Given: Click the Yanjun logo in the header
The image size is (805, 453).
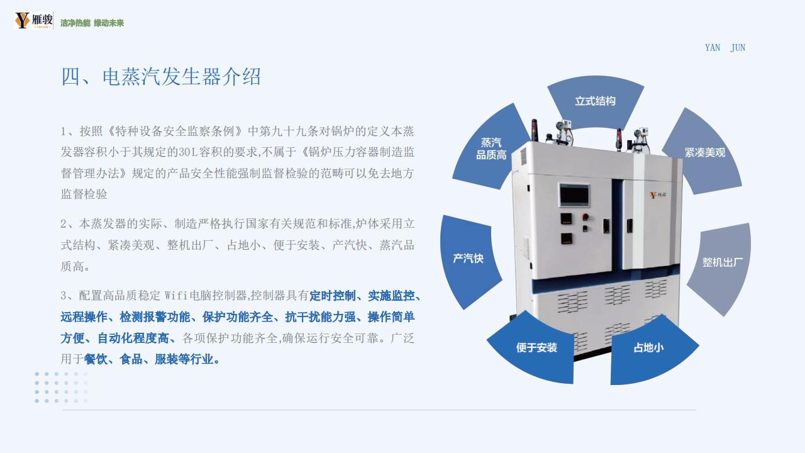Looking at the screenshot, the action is (34, 20).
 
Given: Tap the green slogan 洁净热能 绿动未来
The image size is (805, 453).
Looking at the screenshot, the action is (92, 23).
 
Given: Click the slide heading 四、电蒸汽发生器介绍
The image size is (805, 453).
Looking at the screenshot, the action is (161, 76).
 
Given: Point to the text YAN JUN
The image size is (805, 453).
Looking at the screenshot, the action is (725, 48).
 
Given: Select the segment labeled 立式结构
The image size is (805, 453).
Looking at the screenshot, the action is (596, 101).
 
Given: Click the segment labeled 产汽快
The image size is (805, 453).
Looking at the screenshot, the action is (468, 258).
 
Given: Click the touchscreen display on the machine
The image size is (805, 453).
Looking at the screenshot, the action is (574, 196).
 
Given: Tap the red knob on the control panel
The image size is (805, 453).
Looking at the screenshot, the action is (585, 217).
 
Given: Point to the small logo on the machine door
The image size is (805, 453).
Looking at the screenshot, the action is (657, 195).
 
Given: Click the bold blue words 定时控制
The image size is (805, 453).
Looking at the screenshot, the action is (333, 296).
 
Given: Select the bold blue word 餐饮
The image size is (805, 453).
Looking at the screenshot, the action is (95, 359).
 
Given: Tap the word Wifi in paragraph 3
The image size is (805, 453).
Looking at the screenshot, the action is (177, 296).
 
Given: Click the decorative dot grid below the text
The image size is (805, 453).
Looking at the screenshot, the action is (61, 387).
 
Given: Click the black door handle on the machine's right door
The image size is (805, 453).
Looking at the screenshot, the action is (630, 226).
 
